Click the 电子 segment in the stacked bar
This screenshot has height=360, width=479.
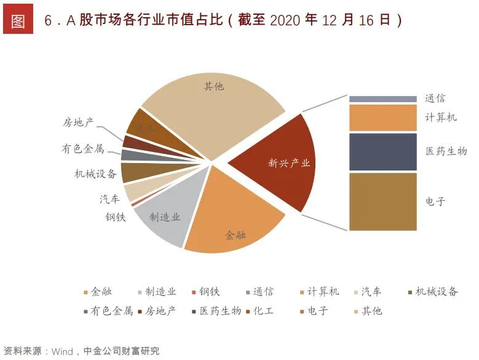click(382, 201)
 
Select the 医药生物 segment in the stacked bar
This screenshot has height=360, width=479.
click(382, 151)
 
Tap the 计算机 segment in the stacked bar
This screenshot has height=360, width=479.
click(382, 118)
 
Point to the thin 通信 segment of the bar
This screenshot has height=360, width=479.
click(382, 98)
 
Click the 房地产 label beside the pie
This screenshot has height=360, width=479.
click(78, 122)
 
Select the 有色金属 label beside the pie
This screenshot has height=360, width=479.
click(82, 148)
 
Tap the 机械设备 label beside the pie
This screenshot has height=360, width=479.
click(91, 174)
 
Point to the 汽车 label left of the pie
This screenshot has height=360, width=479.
click(109, 199)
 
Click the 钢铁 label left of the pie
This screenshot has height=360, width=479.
click(115, 217)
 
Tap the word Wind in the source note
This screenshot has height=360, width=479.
click(62, 351)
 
